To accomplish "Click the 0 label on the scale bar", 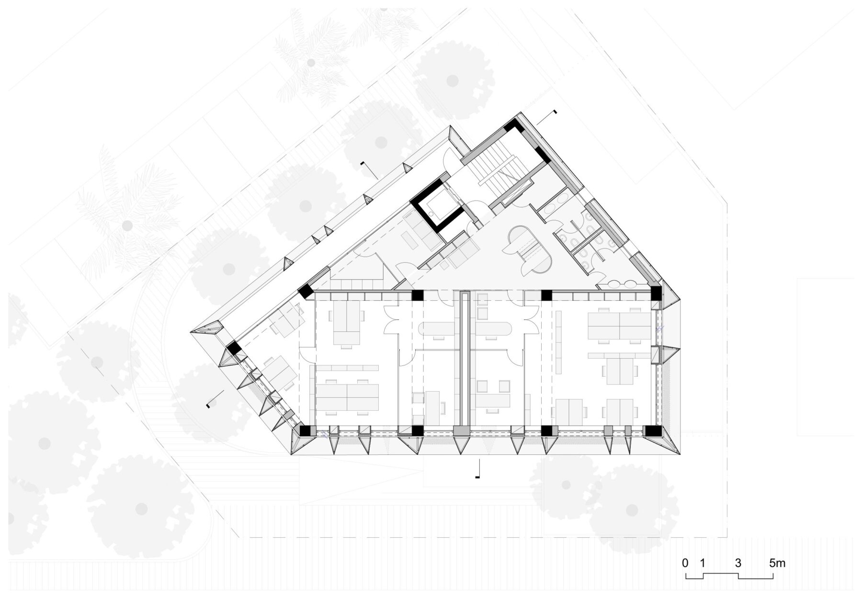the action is (685, 564).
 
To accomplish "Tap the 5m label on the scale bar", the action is (777, 564).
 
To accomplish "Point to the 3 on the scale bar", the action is (738, 564).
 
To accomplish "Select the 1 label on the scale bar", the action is (703, 564).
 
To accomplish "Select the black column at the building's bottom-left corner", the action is (305, 430).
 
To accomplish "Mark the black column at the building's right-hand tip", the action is (656, 293).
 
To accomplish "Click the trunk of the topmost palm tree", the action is (311, 63).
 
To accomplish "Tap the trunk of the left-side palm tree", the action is (127, 225).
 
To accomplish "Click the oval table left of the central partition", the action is (434, 328).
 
